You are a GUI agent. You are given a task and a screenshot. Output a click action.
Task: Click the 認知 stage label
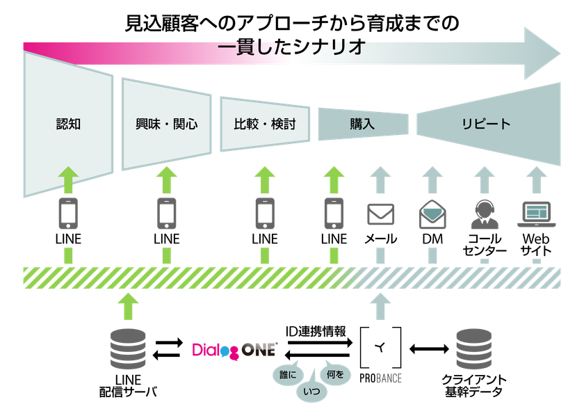point(68,125)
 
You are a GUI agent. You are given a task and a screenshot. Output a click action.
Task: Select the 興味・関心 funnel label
point(166,125)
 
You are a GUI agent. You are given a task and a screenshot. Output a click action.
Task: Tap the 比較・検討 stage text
point(265,125)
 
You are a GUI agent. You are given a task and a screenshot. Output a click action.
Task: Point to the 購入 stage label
point(362,125)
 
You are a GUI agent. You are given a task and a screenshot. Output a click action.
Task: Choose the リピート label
point(486,125)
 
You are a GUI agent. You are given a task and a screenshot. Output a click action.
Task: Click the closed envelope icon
point(380,214)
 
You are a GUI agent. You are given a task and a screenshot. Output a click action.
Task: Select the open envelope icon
point(433,214)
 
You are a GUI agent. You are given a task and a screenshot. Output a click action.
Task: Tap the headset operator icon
point(485,214)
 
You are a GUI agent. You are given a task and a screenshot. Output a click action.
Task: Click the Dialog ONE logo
point(234,349)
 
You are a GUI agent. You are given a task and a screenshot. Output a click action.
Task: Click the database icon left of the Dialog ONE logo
point(128,348)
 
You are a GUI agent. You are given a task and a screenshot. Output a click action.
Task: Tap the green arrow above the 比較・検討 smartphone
point(264,179)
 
